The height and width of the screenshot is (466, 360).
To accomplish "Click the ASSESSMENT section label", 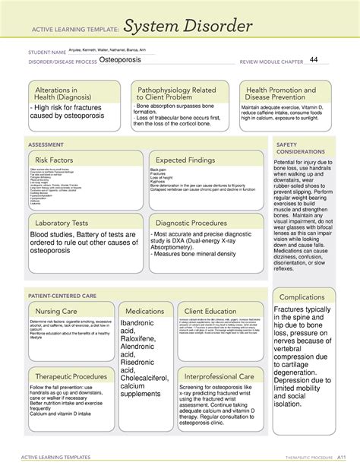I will [46, 142].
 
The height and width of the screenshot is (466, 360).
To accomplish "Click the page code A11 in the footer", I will [342, 457].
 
